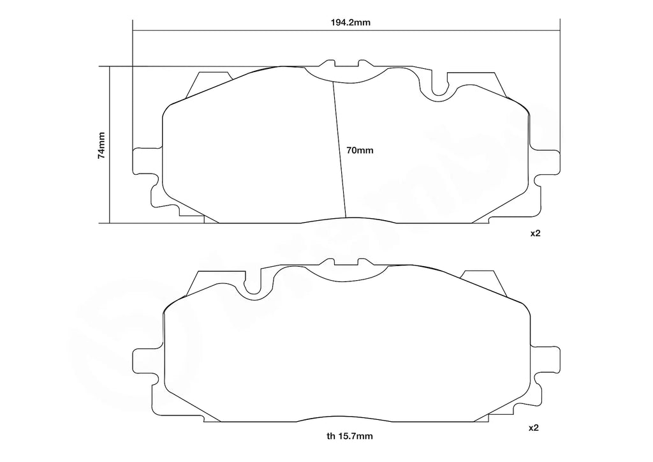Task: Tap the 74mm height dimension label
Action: pos(101,146)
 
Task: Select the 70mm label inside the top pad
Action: pos(359,151)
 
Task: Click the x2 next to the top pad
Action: pos(535,234)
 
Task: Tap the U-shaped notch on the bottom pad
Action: pos(253,285)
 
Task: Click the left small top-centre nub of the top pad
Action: pos(329,64)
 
